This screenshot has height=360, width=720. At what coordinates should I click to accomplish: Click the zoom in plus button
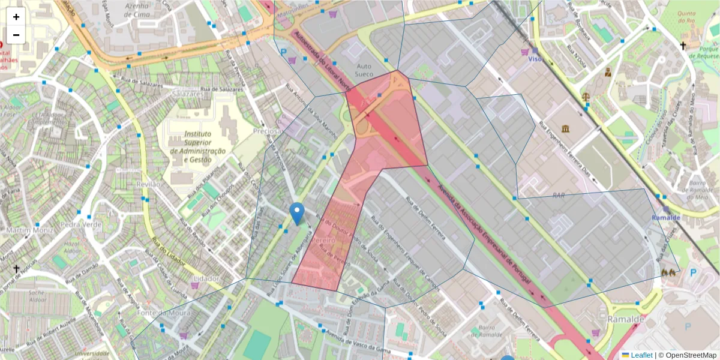[x=16, y=17]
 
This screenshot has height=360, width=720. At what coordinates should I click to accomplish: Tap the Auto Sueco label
[x=365, y=70]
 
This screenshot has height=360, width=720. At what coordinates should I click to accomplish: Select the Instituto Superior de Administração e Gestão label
[x=197, y=147]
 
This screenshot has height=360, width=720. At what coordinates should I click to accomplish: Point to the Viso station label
[x=535, y=59]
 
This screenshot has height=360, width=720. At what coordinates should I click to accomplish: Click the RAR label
[x=559, y=196]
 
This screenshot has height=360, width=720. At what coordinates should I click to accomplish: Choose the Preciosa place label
[x=268, y=131]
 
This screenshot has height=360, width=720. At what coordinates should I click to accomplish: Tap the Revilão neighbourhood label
[x=149, y=184]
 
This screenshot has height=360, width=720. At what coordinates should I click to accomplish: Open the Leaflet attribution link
[x=641, y=355]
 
